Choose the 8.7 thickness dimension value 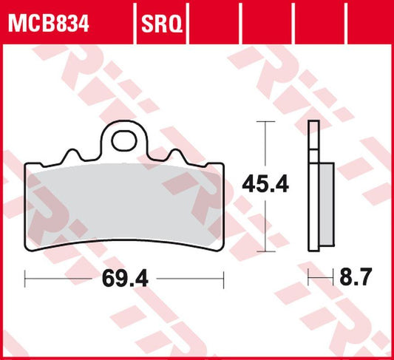[x=356, y=279]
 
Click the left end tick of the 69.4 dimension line [x=27, y=279]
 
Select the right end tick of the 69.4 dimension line [x=223, y=279]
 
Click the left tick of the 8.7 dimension [x=310, y=279]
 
